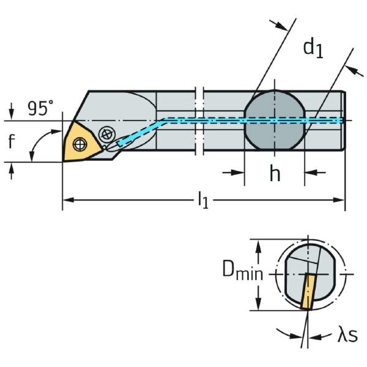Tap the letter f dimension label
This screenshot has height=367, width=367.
click(x=11, y=142)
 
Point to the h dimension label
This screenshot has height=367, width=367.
click(x=275, y=174)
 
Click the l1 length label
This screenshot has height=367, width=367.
click(x=203, y=201)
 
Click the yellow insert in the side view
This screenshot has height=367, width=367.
click(x=79, y=142)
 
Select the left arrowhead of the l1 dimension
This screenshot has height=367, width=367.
click(x=67, y=199)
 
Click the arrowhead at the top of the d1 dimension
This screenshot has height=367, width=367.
click(x=281, y=26)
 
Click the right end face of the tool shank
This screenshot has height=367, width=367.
click(x=344, y=120)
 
